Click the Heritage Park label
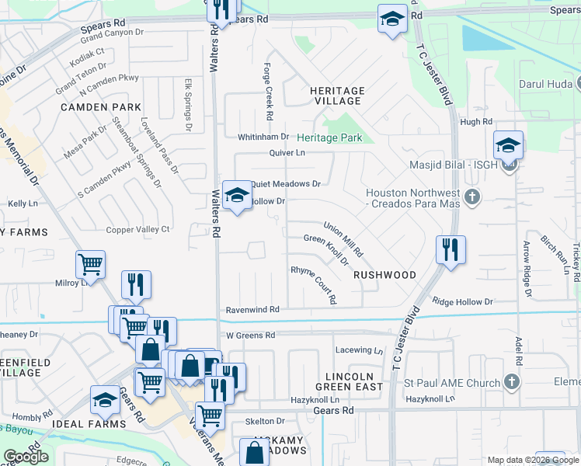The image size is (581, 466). point(329,137)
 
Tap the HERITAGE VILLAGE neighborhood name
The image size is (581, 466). point(336,96)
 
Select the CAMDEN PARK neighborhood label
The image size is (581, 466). point(100,106)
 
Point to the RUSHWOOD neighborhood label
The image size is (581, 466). point(384,275)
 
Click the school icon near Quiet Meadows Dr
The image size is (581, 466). point(237,196)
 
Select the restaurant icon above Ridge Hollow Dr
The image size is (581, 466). point(451,250)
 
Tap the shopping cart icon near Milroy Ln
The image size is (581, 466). point(91,265)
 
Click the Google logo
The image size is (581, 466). point(26,457)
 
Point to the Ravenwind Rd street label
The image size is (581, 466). point(252,309)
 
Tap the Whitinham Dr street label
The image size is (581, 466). point(263,137)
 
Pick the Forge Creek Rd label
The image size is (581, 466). point(268,91)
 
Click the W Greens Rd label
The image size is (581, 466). point(251,336)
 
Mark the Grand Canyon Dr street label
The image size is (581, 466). point(113,34)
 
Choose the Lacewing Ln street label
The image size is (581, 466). point(359,350)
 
